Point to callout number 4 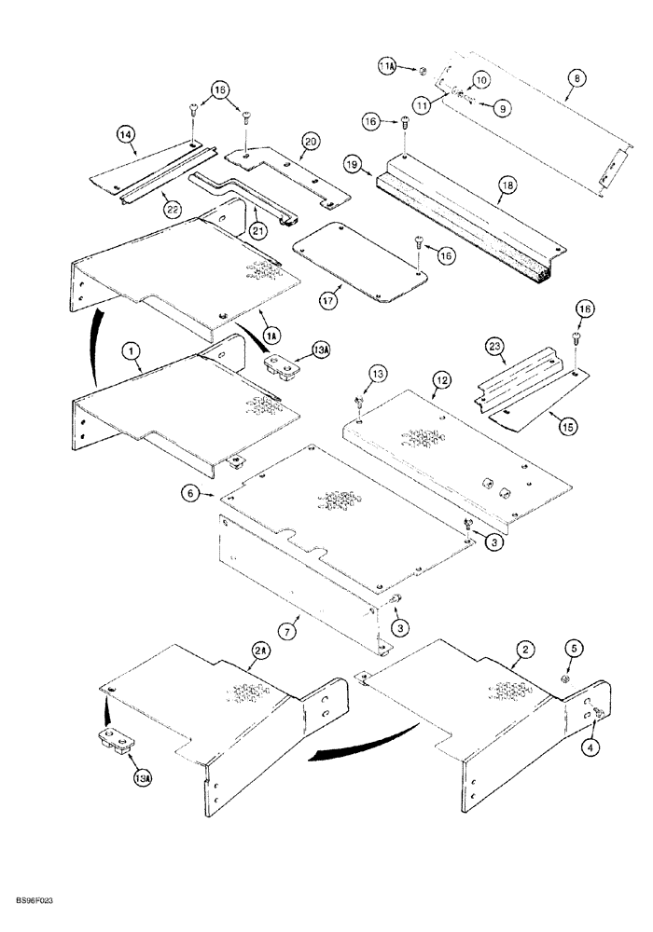click(590, 746)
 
